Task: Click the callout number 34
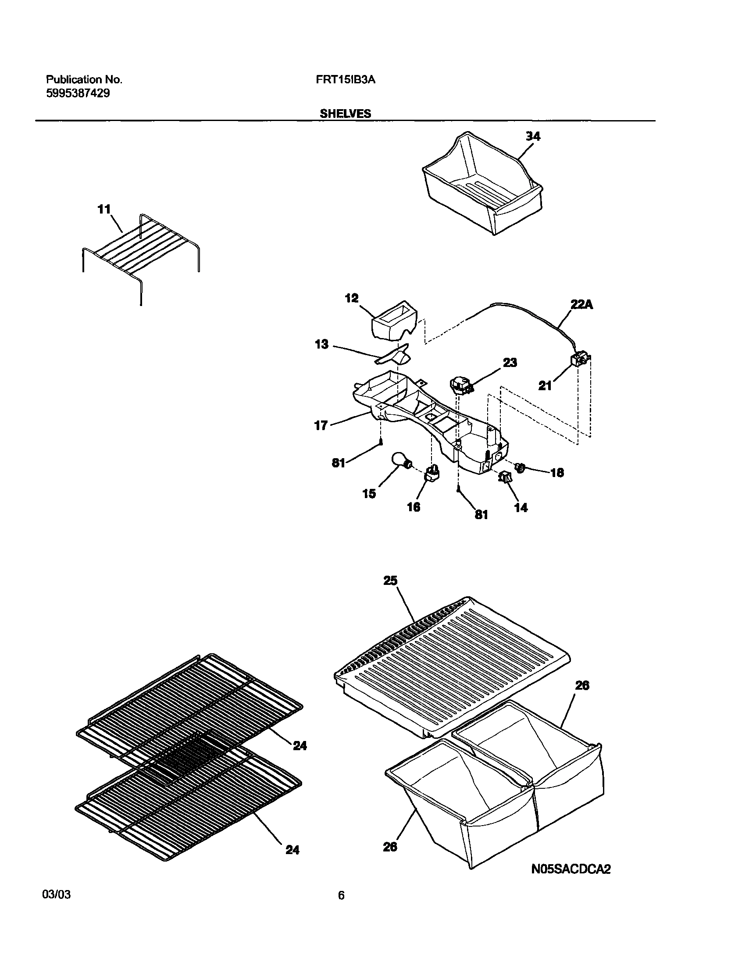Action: point(533,136)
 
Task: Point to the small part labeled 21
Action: point(579,360)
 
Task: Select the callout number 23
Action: point(510,362)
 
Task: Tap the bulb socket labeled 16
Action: point(432,474)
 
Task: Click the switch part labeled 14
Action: point(505,477)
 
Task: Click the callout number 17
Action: point(321,425)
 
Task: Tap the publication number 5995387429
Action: point(78,93)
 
